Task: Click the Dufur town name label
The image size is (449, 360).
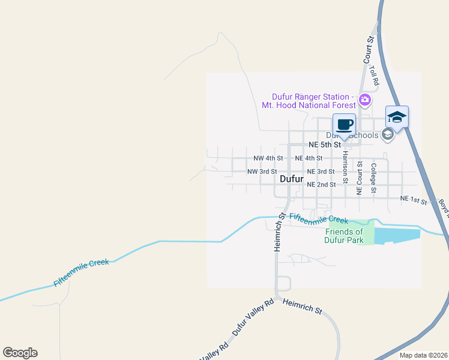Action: [292, 179]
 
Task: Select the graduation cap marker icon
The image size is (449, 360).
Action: [397, 117]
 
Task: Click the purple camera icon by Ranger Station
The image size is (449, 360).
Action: [364, 100]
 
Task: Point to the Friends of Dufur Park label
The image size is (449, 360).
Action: [345, 236]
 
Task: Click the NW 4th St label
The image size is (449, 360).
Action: [268, 158]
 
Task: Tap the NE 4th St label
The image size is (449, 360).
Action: [309, 158]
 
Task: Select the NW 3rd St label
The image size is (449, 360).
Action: [262, 172]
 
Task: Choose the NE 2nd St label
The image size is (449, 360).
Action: [321, 185]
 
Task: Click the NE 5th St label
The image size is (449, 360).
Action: [324, 145]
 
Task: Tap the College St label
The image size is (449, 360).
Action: [373, 178]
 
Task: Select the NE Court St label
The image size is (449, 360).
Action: [359, 178]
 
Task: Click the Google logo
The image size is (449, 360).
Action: [20, 353]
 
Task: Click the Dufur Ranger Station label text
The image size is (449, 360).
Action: [310, 101]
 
